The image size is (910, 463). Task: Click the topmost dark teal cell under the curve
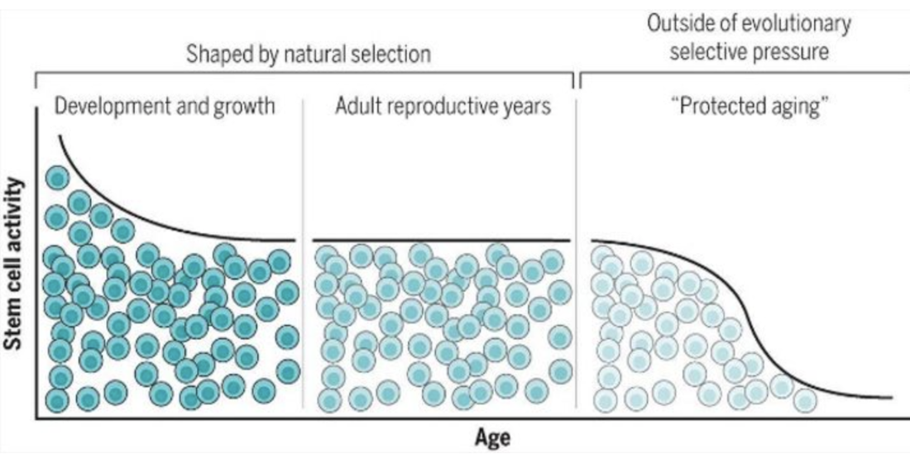57,178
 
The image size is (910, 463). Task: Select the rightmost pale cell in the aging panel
805,400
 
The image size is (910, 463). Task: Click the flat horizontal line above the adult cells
442,240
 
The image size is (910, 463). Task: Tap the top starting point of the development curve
60,136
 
